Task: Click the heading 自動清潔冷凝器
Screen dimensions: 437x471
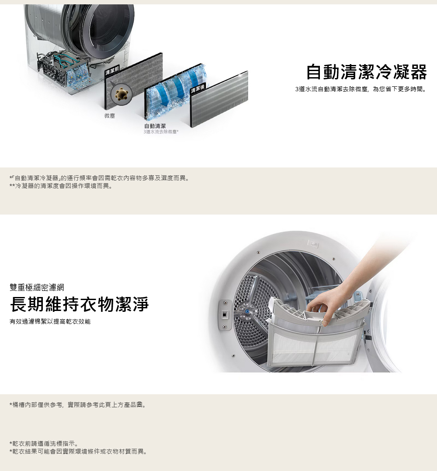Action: coord(366,72)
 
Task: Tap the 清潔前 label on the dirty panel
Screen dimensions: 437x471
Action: coord(112,70)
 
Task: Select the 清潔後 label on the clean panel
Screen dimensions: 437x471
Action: coord(198,89)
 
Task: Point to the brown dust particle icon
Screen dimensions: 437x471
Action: coord(121,94)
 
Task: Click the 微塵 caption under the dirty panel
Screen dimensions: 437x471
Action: coord(110,116)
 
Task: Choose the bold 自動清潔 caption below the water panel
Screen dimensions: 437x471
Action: coord(155,126)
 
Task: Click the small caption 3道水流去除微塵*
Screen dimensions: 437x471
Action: coord(161,132)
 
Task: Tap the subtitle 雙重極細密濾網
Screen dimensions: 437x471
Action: coord(37,287)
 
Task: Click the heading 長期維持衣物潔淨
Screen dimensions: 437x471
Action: coord(80,304)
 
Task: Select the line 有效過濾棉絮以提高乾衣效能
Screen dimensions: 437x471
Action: coord(50,321)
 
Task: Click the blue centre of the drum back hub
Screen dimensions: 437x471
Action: coord(247,312)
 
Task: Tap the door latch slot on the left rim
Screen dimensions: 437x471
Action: coord(225,314)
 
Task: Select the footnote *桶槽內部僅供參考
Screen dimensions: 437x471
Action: coord(78,405)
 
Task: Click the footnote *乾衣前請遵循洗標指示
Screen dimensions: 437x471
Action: coord(44,444)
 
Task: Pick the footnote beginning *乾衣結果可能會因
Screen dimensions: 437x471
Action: coord(78,451)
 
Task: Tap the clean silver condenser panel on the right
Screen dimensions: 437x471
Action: coord(219,99)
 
